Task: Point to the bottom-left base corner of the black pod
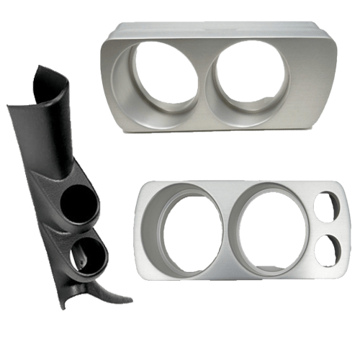click(62, 305)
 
